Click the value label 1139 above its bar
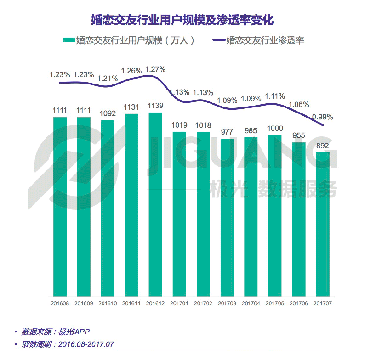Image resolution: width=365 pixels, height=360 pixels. [155, 106]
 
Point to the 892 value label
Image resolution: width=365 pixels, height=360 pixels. [323, 146]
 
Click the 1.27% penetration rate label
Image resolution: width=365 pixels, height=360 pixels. [155, 69]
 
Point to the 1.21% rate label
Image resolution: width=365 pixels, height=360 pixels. [108, 78]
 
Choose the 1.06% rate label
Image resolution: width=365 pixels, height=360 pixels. [298, 104]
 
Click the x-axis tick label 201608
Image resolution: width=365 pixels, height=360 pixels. [60, 304]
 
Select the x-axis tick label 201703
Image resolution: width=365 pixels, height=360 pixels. [227, 304]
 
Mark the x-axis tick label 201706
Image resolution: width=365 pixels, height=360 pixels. [299, 304]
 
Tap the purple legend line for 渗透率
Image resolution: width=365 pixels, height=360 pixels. [219, 40]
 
